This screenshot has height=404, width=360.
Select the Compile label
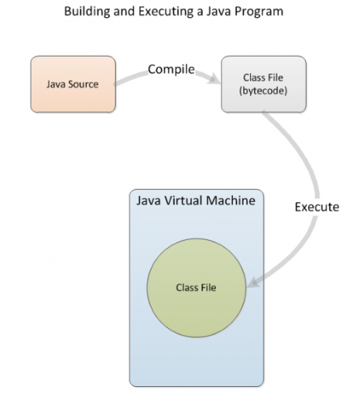point(171,69)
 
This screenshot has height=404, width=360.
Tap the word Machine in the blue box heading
point(238,199)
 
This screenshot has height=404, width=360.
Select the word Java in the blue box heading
point(151,199)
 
